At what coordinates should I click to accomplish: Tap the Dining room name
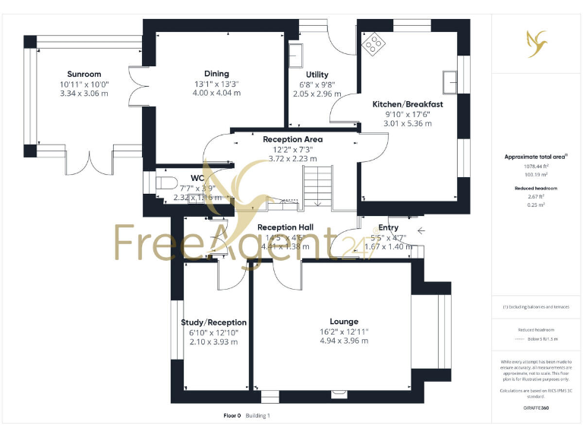click(216, 74)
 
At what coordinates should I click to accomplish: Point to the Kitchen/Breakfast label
click(408, 103)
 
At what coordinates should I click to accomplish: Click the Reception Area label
click(292, 139)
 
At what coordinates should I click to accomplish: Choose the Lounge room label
click(344, 322)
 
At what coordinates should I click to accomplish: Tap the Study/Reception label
click(213, 322)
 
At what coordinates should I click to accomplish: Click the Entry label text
click(388, 227)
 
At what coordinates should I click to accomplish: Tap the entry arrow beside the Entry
click(421, 228)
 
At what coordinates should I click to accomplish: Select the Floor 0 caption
click(232, 415)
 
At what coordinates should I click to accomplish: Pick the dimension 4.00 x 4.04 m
click(216, 93)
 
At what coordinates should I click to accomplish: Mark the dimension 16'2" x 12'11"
click(344, 332)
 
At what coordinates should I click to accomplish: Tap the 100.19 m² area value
click(537, 173)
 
